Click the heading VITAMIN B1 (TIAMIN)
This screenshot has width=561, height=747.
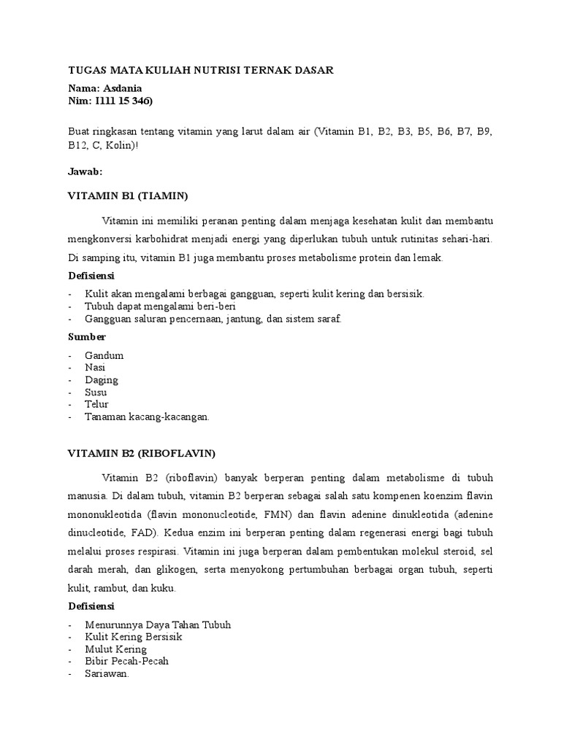(128, 196)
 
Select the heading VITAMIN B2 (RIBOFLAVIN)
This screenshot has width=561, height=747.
(141, 453)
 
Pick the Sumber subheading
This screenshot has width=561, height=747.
(86, 337)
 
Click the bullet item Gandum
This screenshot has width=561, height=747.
(104, 355)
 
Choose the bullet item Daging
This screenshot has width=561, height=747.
(102, 380)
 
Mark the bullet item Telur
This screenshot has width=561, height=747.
(97, 404)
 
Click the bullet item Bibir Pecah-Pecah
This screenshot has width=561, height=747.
(126, 662)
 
